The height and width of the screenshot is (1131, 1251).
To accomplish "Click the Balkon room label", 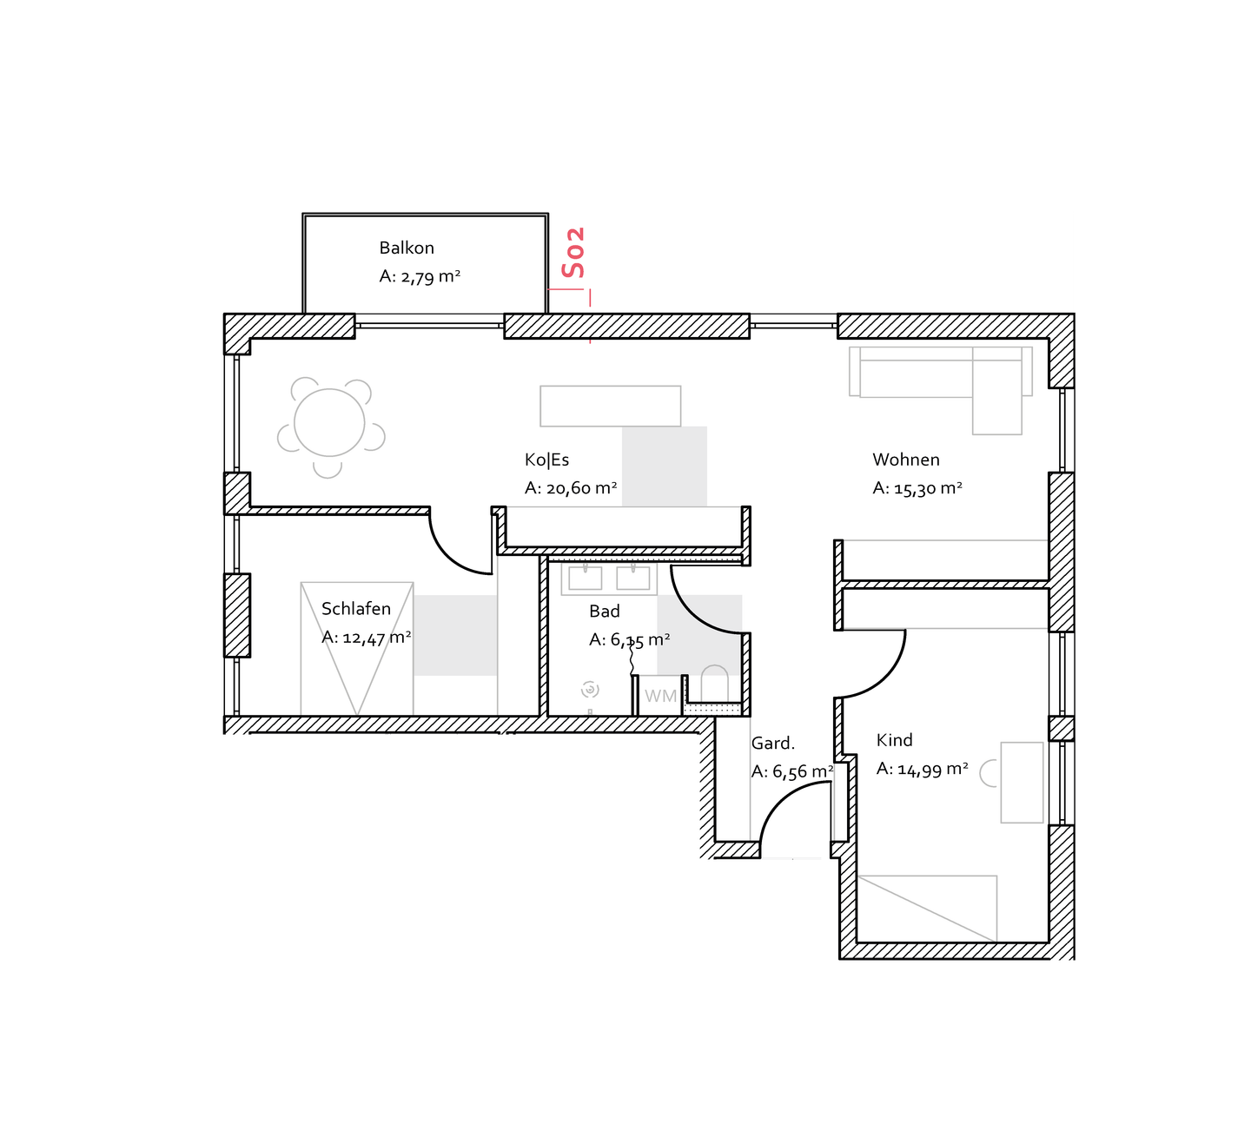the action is tap(406, 248).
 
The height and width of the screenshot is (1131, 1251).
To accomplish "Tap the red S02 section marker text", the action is tap(573, 252).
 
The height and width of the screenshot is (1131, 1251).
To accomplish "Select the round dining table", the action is tap(329, 422).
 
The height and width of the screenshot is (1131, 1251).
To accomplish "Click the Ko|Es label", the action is tap(546, 460).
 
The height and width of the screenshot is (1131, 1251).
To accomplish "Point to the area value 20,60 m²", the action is tap(581, 488).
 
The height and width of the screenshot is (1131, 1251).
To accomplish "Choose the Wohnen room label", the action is tap(905, 460).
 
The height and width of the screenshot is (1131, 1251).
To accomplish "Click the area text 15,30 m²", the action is tap(928, 488).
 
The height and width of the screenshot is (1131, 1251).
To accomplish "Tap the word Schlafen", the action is tap(356, 609).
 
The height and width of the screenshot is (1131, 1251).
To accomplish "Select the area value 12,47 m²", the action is tap(377, 638).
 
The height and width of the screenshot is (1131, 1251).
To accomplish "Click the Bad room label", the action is tap(605, 612).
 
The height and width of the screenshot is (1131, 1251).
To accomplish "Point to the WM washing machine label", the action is tap(660, 696).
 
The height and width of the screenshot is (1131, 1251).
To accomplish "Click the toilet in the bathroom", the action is tap(715, 685).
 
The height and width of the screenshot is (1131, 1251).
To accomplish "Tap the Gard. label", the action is tap(772, 743).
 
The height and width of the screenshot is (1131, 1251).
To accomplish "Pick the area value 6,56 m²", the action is tap(804, 771).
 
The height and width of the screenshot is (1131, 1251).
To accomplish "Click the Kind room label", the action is tap(894, 740).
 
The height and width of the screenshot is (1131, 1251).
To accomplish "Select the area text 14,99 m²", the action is tap(933, 769).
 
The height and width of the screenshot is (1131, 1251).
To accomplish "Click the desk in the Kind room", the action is tap(1022, 783).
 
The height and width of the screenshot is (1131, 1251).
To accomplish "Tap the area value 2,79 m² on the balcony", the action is tap(430, 276).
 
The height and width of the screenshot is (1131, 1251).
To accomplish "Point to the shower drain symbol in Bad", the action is tap(590, 690).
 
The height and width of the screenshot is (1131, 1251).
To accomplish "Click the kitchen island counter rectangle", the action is tap(611, 407).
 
